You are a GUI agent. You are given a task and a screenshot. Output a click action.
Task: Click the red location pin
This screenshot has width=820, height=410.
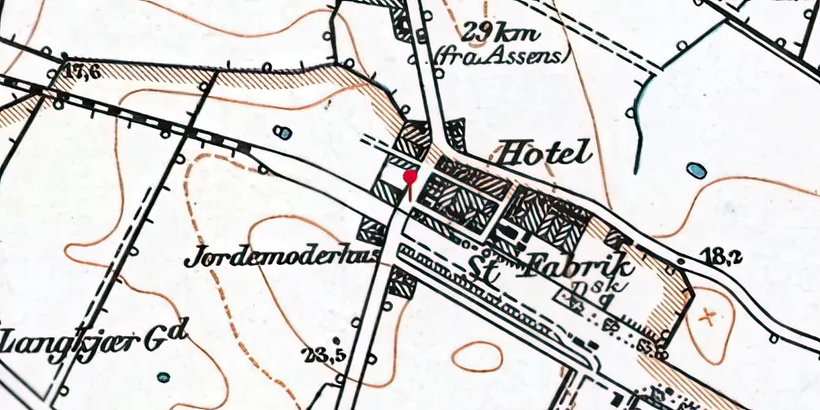tap(409, 180)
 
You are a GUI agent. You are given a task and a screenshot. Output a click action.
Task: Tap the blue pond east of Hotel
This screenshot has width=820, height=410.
tap(696, 171)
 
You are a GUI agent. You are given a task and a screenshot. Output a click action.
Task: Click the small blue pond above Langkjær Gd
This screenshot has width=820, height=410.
tap(163, 377)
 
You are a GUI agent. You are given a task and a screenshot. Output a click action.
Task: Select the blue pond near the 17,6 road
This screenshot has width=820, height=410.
tap(283, 132)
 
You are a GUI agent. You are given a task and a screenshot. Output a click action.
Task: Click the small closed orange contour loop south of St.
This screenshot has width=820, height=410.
tap(476, 354)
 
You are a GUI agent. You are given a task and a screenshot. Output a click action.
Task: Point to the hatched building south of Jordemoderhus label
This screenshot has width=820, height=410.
tap(402, 283)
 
